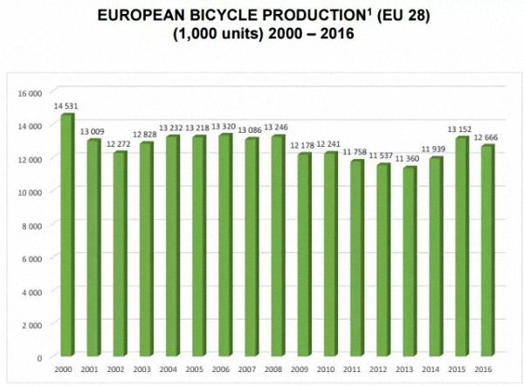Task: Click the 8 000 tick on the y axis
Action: [x=31, y=224]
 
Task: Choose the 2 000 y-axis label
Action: [x=31, y=324]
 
